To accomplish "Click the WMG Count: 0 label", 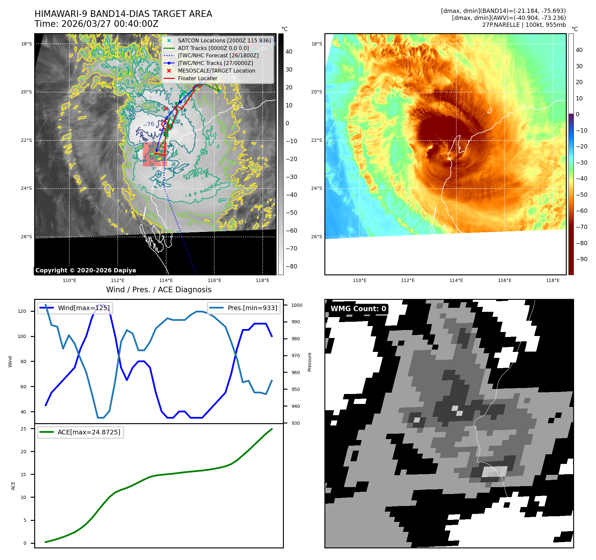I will (x=358, y=309).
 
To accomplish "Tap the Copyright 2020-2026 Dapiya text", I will (x=86, y=270).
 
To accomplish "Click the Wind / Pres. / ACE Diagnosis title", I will (x=159, y=290).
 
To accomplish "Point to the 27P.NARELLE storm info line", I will (x=524, y=25).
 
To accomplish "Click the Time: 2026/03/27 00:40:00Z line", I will (x=97, y=24).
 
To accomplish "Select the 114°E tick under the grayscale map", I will (x=166, y=281).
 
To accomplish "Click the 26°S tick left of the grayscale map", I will (x=27, y=237).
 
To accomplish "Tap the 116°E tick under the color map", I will (x=504, y=281).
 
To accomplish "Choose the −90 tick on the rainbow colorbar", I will (x=581, y=259).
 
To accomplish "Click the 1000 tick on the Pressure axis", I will (x=297, y=305).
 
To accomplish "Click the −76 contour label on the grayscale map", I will (x=149, y=124).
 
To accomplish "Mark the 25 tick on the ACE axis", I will (x=24, y=429).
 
